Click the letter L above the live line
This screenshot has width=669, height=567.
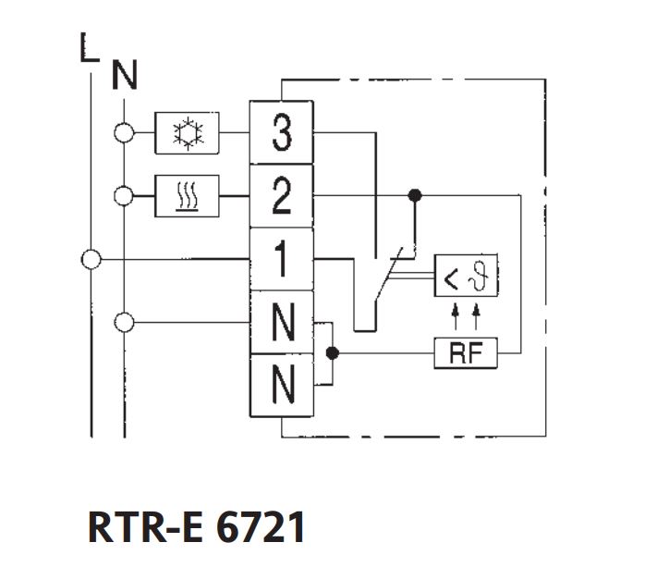tap(88, 49)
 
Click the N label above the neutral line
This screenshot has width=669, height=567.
tap(124, 75)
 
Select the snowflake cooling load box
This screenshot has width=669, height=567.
tap(188, 134)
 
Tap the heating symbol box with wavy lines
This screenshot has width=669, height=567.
tap(188, 195)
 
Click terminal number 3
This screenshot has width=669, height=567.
tap(281, 134)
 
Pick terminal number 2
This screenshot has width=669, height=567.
tap(281, 195)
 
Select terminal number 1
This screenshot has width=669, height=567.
tap(281, 259)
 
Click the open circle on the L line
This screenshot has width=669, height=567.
tap(91, 259)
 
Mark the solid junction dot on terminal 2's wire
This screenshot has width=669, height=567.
tap(415, 195)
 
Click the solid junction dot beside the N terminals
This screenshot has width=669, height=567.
tap(334, 352)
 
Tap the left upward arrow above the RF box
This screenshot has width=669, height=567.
tap(456, 319)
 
